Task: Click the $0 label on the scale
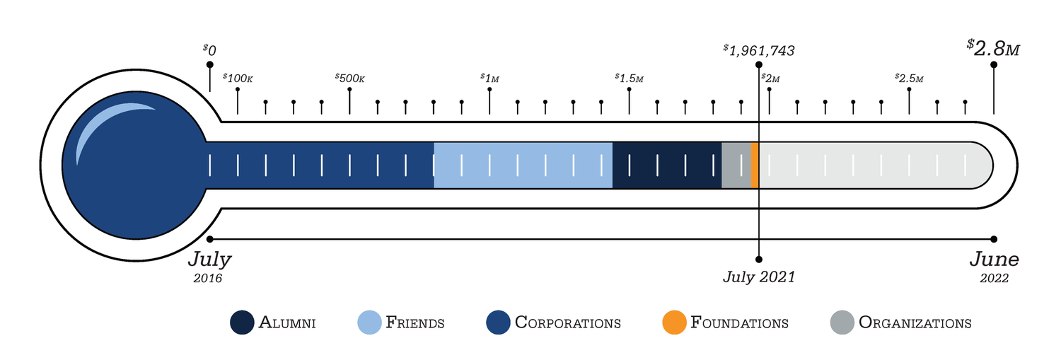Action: coord(209,50)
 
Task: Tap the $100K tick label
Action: coord(238,79)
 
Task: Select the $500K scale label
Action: coord(349,79)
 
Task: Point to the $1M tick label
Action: coord(489,79)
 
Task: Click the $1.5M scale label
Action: coord(629,79)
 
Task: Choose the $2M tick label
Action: coord(771,79)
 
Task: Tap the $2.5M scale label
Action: coord(909,79)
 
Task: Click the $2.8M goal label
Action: coord(993,48)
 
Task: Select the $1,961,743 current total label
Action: coord(759,51)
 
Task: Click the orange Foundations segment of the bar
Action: coord(755,166)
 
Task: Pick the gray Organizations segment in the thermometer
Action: coord(736,166)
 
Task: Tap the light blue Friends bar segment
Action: coord(523,166)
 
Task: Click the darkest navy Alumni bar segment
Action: coord(667,166)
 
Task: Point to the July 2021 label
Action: coord(759,277)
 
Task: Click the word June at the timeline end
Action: coord(995,259)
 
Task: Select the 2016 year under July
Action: coord(207,278)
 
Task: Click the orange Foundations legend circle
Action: coord(674,323)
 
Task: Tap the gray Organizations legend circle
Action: coord(842,323)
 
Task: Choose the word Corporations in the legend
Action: coord(567,323)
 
